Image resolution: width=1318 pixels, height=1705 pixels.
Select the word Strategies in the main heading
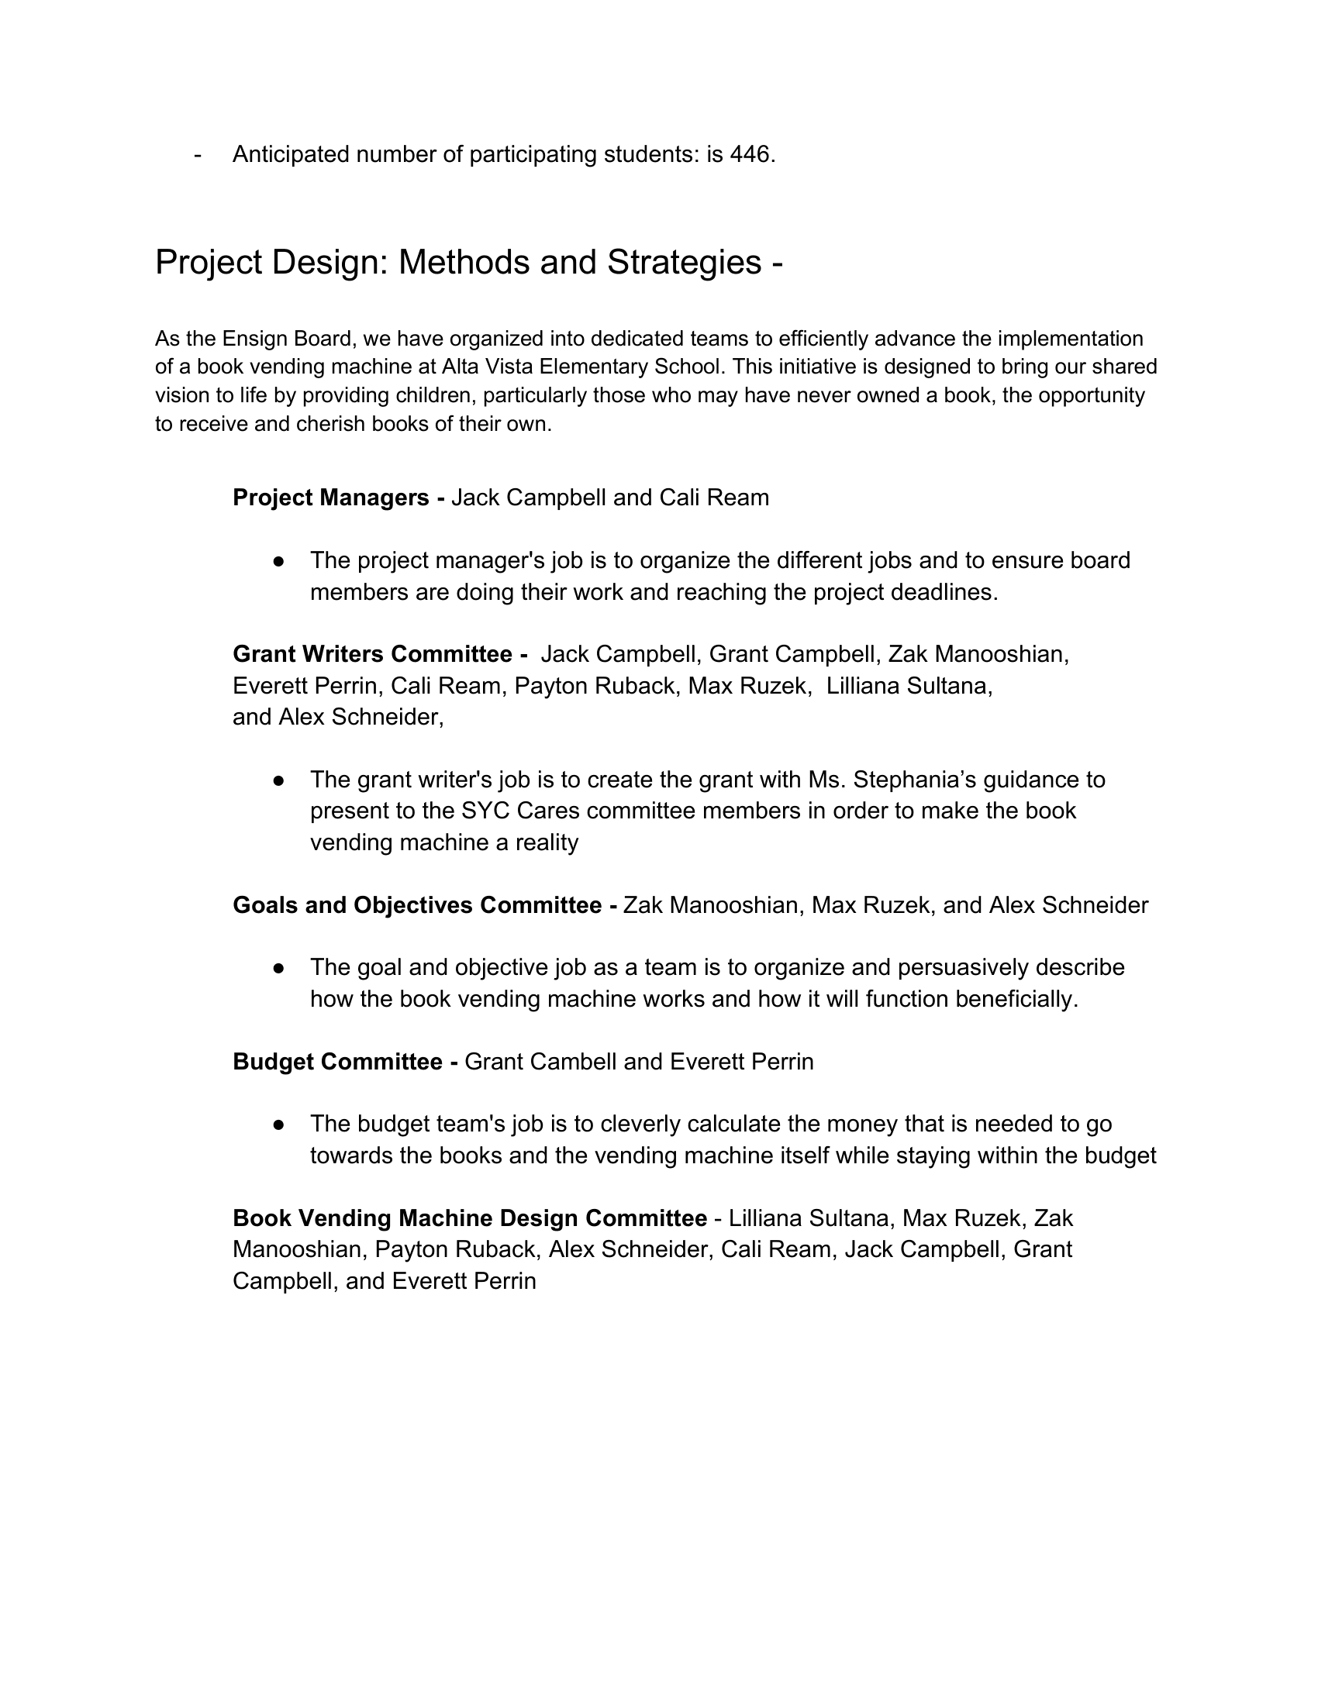[x=684, y=262]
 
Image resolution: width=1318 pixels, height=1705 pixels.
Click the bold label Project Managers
[x=330, y=498]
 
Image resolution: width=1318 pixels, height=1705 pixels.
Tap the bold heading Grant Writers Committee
[x=372, y=653]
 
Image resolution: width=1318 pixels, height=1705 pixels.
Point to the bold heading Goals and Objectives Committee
[x=417, y=904]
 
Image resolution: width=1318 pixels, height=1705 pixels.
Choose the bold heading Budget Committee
[x=337, y=1062]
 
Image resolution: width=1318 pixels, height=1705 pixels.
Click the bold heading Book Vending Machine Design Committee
[x=469, y=1218]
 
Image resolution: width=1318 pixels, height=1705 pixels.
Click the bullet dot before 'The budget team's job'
[x=278, y=1125]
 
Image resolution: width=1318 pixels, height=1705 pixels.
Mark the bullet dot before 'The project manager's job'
[x=278, y=561]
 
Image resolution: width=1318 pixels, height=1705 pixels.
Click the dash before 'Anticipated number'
[x=198, y=154]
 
